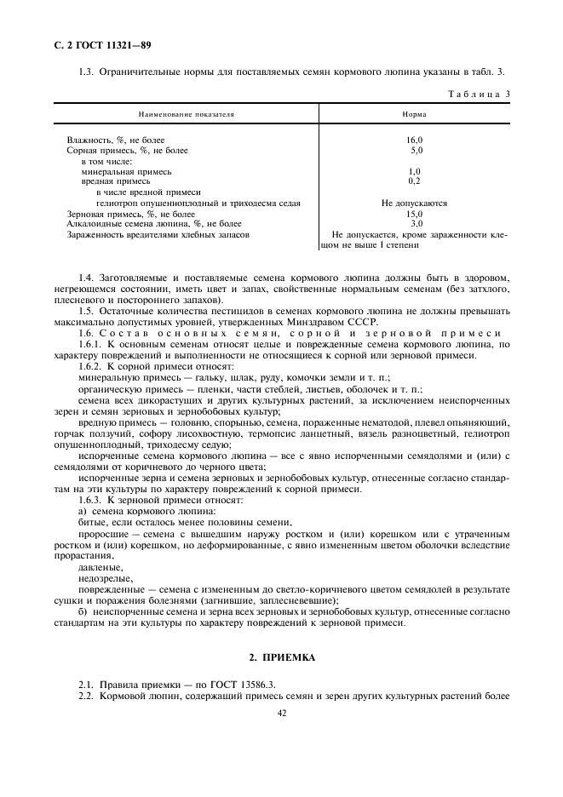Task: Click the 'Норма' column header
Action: [x=414, y=112]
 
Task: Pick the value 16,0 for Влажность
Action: [x=415, y=140]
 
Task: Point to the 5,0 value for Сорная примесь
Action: [x=416, y=150]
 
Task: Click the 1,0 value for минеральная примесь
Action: [x=415, y=170]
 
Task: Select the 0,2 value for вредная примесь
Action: [x=415, y=181]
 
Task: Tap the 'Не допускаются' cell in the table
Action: [x=415, y=204]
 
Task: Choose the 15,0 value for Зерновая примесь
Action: [x=415, y=214]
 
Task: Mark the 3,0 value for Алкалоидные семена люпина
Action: [x=416, y=224]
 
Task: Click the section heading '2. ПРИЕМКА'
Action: [x=282, y=658]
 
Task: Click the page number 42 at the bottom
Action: [x=281, y=714]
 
